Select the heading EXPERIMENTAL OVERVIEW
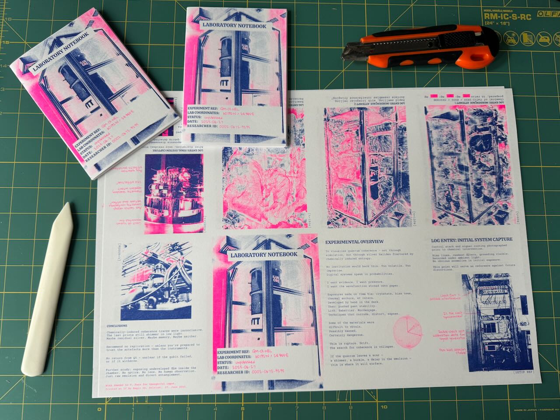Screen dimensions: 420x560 [354, 242]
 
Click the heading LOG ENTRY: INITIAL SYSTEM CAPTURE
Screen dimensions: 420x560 [472, 239]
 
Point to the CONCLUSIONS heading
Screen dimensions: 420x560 [117, 326]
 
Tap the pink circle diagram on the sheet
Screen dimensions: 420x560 [409, 331]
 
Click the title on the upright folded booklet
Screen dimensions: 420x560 [234, 26]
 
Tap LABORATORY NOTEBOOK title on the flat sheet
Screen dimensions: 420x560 [264, 254]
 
